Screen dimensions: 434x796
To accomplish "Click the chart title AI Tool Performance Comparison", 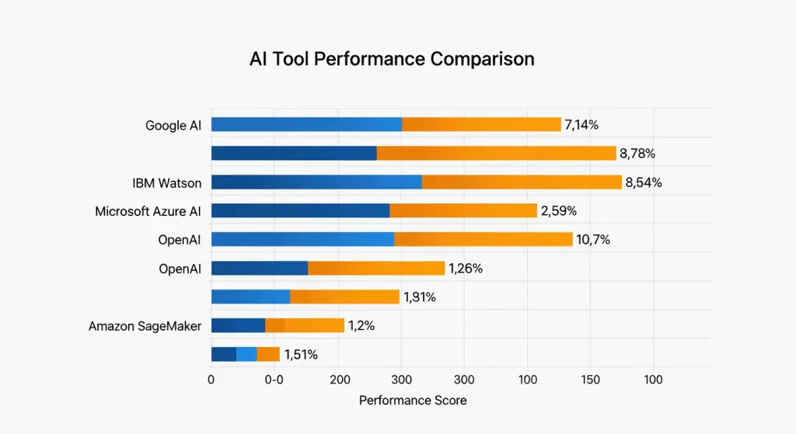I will click(392, 59).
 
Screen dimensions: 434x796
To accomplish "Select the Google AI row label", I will click(173, 125).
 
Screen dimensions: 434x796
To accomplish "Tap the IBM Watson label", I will click(167, 183).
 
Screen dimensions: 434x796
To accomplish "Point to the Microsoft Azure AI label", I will click(148, 211).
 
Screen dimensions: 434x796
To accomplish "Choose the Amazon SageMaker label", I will click(145, 326).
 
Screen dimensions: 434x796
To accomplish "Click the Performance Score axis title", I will click(413, 401).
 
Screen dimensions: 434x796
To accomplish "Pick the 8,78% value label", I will click(637, 154).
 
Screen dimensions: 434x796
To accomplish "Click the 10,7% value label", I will click(593, 240).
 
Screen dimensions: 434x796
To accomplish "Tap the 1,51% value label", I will click(301, 355).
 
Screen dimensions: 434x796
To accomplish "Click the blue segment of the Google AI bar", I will click(306, 124).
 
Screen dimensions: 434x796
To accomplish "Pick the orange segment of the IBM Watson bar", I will click(522, 182).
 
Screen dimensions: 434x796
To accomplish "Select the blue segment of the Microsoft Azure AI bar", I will click(300, 210).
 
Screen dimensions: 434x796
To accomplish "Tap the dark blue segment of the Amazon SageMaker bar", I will click(238, 325).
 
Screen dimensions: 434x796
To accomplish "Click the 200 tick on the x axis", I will click(338, 380).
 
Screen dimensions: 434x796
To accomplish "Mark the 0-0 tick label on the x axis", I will click(274, 380).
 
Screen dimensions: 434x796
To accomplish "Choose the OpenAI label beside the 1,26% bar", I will click(180, 269).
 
